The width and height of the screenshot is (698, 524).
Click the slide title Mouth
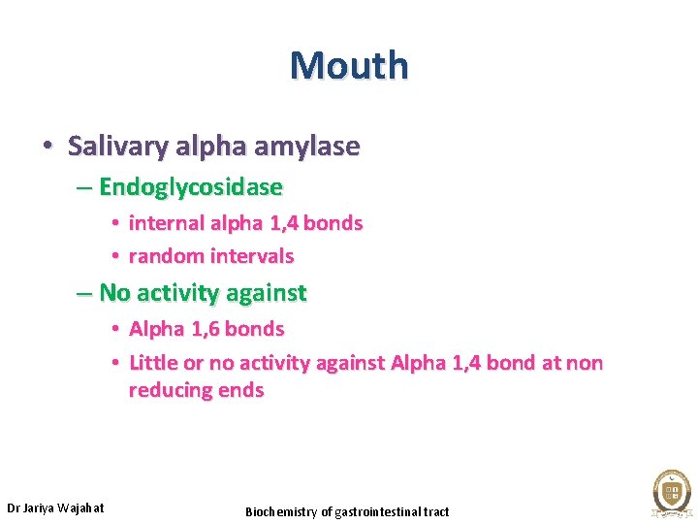tap(349, 65)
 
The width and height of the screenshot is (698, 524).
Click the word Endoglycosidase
tap(190, 186)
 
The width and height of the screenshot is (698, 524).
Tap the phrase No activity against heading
tap(203, 292)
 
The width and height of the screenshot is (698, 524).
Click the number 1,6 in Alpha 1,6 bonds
tap(205, 329)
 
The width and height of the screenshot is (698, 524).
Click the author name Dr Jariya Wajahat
tap(55, 508)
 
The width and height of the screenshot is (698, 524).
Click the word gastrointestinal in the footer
tap(377, 511)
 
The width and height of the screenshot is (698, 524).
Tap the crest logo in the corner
tap(670, 491)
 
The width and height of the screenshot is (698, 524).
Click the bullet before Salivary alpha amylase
tap(47, 147)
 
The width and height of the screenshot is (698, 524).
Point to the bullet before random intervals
tap(114, 256)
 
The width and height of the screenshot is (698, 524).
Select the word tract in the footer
tap(436, 511)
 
